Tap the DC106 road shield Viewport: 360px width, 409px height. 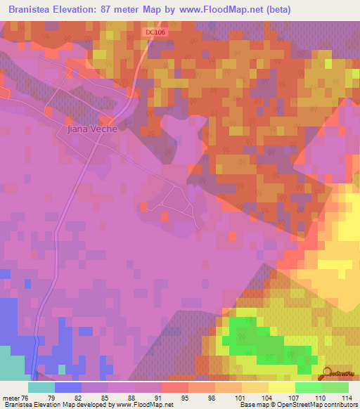(x=157, y=32)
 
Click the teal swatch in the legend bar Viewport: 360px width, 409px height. (x=41, y=387)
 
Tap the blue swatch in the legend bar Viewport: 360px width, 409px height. (x=68, y=387)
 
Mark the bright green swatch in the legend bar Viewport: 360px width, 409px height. (x=308, y=387)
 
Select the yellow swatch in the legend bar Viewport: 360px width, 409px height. (x=281, y=387)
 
